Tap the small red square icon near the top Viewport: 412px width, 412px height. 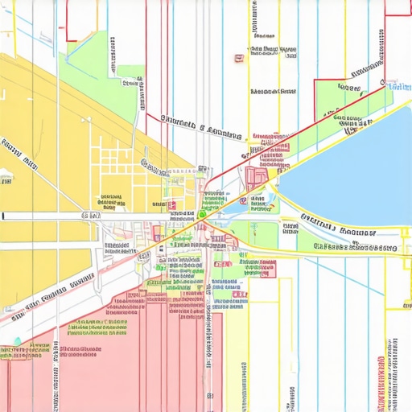(x=239, y=58)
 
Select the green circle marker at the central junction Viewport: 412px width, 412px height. (x=203, y=213)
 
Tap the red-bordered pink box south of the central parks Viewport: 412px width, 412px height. (x=267, y=269)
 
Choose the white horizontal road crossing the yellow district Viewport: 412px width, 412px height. (x=48, y=216)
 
